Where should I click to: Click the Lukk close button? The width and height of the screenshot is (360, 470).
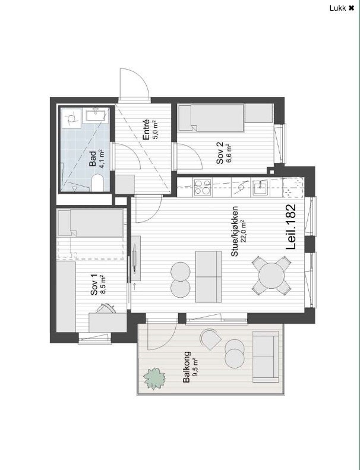click(x=342, y=8)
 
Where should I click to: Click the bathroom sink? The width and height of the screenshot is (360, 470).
click(x=96, y=114)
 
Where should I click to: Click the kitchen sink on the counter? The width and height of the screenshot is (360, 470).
click(x=260, y=188)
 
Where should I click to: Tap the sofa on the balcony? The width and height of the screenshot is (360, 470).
click(x=264, y=357)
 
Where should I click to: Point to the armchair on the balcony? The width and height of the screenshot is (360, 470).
click(x=210, y=339)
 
